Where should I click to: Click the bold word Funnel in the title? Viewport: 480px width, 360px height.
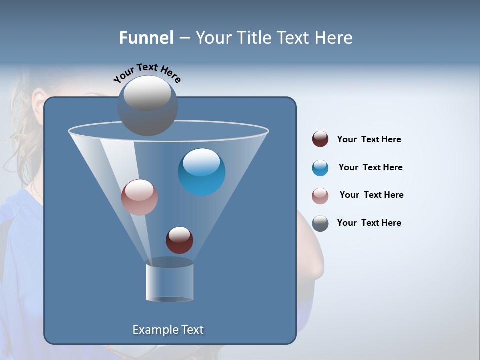[x=146, y=37]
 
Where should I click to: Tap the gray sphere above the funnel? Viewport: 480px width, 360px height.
[x=148, y=105]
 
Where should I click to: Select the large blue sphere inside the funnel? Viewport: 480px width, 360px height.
[x=202, y=172]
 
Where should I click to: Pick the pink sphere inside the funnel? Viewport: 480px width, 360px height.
[x=139, y=197]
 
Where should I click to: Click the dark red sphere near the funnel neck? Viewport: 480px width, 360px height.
[x=179, y=240]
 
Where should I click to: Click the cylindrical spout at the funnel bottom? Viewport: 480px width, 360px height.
[x=170, y=283]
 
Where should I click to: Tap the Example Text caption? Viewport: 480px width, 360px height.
[x=168, y=330]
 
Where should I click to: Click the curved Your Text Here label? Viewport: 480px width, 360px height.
[x=147, y=72]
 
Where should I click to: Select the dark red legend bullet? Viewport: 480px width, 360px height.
[x=320, y=139]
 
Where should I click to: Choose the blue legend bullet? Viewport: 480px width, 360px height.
[x=320, y=168]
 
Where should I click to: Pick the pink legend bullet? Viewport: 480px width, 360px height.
[x=320, y=196]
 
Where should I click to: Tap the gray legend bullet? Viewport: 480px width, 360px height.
[x=320, y=223]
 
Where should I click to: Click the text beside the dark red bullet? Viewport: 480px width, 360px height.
[x=369, y=139]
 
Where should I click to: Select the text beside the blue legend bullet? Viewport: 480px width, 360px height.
[x=370, y=167]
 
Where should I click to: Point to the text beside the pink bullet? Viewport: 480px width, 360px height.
[x=371, y=195]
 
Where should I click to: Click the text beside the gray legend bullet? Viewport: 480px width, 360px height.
[x=369, y=223]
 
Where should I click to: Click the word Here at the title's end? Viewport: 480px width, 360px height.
[x=334, y=37]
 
